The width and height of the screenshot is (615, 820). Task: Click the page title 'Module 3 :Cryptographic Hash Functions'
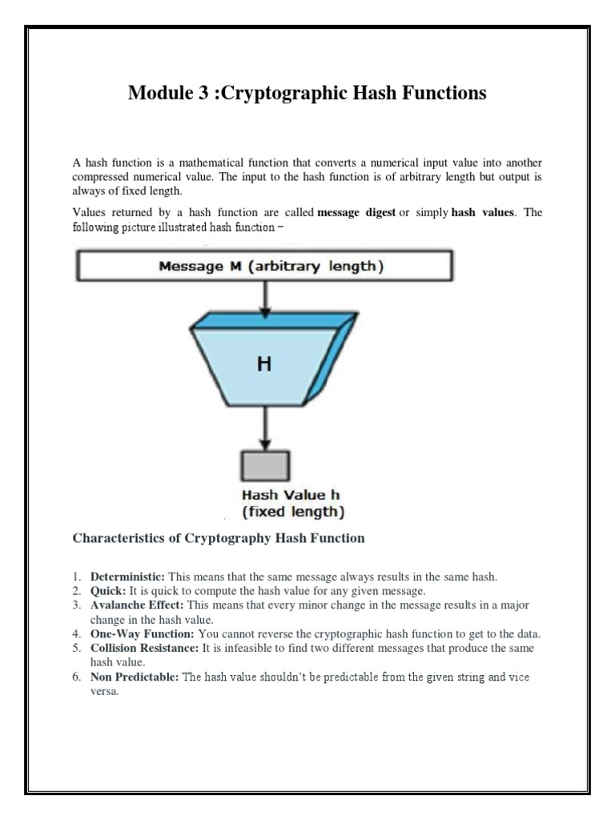[307, 94]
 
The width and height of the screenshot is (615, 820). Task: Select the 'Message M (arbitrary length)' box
[264, 267]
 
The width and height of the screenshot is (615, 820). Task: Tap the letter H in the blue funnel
[263, 364]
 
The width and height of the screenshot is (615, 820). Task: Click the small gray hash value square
[265, 465]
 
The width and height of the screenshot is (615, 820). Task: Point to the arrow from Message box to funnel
[265, 297]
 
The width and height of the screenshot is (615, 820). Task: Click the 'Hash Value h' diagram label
[285, 495]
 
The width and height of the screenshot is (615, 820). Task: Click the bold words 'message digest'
[356, 213]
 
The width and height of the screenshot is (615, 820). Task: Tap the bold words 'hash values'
[484, 213]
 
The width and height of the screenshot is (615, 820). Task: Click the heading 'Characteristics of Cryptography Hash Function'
[219, 538]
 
